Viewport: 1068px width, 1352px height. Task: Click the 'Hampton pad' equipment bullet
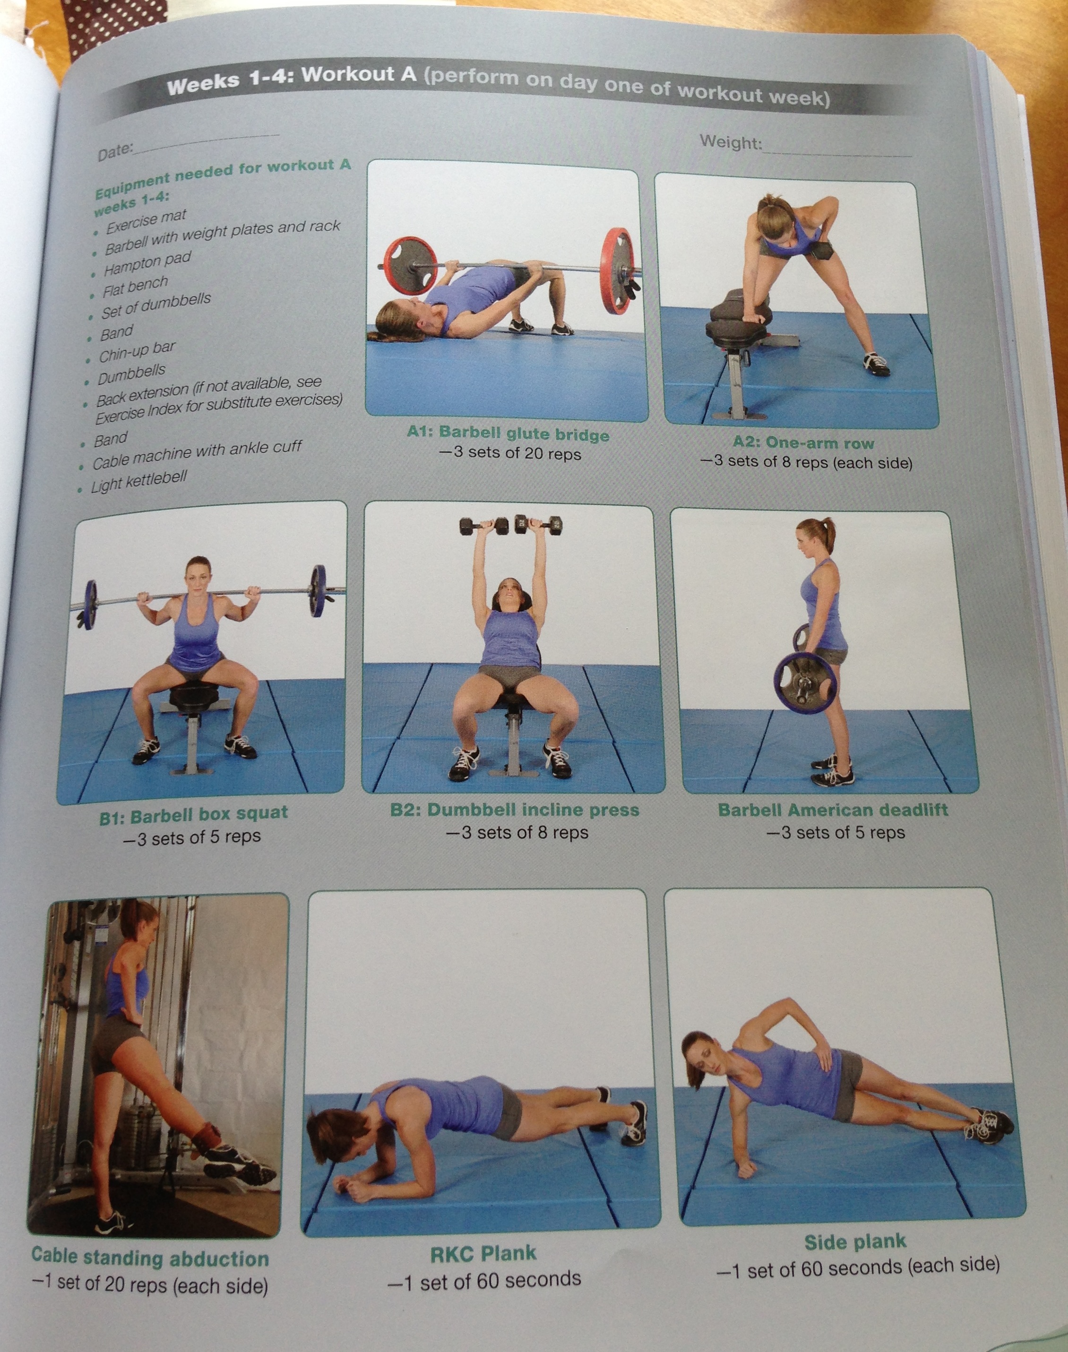(x=147, y=263)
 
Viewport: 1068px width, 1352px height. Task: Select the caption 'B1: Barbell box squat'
(x=193, y=815)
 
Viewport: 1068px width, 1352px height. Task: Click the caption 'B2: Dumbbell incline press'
(x=515, y=810)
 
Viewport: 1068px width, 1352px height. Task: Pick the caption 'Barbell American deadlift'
(x=832, y=810)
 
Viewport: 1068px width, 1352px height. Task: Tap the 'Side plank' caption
(x=855, y=1242)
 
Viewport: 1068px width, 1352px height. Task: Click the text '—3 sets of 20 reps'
(x=509, y=453)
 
